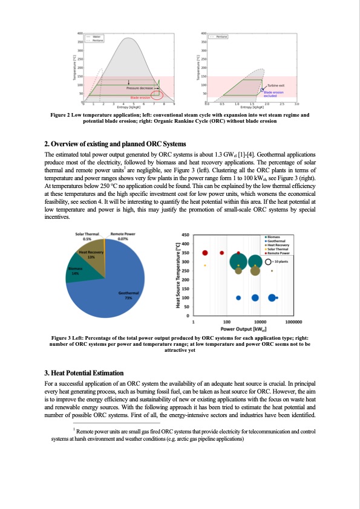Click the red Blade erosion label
140,97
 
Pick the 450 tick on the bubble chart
185,235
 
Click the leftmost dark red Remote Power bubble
205,253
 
